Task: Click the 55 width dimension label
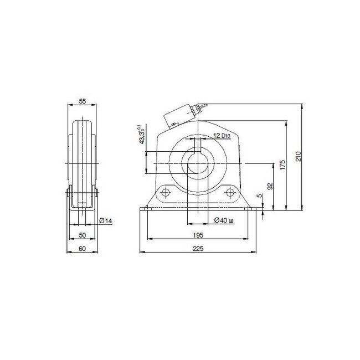[82, 101]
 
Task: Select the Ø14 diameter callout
[106, 221]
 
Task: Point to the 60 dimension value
[82, 249]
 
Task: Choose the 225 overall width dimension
[198, 249]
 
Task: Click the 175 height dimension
[282, 165]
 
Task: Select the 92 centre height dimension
[270, 187]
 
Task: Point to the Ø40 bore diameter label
[223, 220]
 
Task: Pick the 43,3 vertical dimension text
[142, 135]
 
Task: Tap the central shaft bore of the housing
[198, 164]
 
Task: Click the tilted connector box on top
[181, 115]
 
